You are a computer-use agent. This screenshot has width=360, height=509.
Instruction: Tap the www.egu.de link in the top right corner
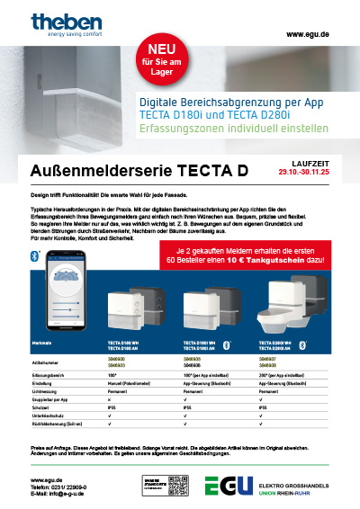(306, 33)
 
